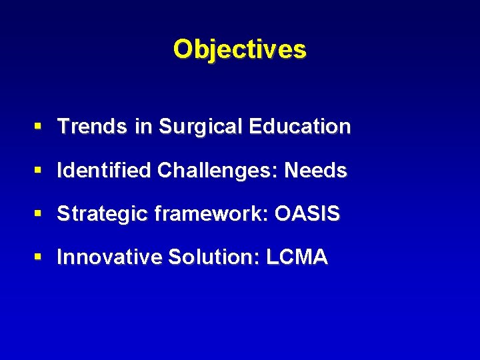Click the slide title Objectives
click(x=240, y=49)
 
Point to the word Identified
click(x=105, y=171)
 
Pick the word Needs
click(x=315, y=171)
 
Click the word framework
click(x=200, y=214)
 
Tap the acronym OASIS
click(x=307, y=214)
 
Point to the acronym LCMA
click(x=297, y=257)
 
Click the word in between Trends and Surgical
click(x=143, y=127)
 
